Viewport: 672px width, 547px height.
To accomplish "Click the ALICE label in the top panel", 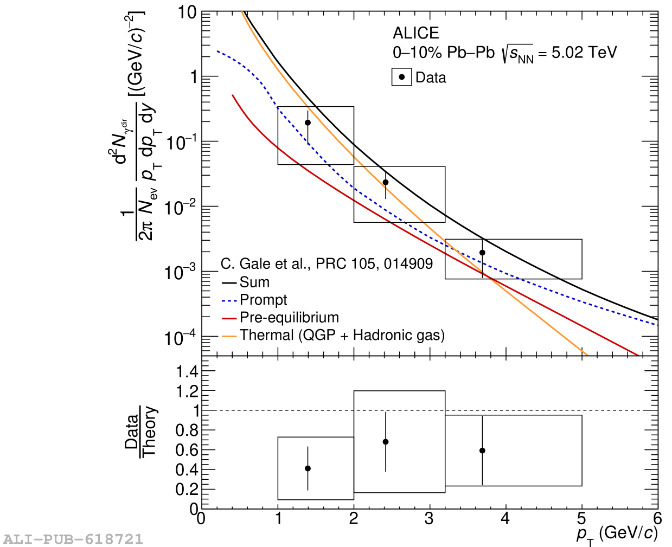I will [x=415, y=33].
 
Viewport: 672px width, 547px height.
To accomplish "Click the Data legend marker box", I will [x=401, y=77].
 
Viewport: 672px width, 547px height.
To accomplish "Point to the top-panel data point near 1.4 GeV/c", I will [x=308, y=123].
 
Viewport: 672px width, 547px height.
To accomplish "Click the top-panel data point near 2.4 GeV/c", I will [x=386, y=183].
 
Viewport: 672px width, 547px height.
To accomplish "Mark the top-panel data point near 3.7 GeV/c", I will [x=482, y=253].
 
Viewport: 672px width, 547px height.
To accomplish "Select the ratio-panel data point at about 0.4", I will [x=308, y=468].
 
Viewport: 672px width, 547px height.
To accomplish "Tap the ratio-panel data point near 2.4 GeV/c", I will [x=386, y=442].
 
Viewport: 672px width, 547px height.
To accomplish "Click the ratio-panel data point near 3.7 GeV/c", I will [x=482, y=451].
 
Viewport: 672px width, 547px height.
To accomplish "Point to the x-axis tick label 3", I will [x=429, y=519].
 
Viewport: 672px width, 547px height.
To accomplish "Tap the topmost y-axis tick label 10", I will [x=187, y=12].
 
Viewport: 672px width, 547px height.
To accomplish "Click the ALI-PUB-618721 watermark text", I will [x=73, y=539].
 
